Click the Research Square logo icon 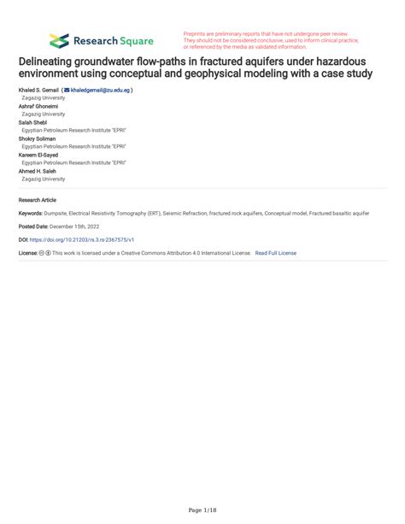[59, 40]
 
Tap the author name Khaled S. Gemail [38, 90]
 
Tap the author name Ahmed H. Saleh [38, 171]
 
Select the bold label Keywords [32, 212]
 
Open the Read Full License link [275, 254]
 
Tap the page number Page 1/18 [202, 509]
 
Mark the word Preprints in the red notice [197, 33]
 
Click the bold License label [30, 254]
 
